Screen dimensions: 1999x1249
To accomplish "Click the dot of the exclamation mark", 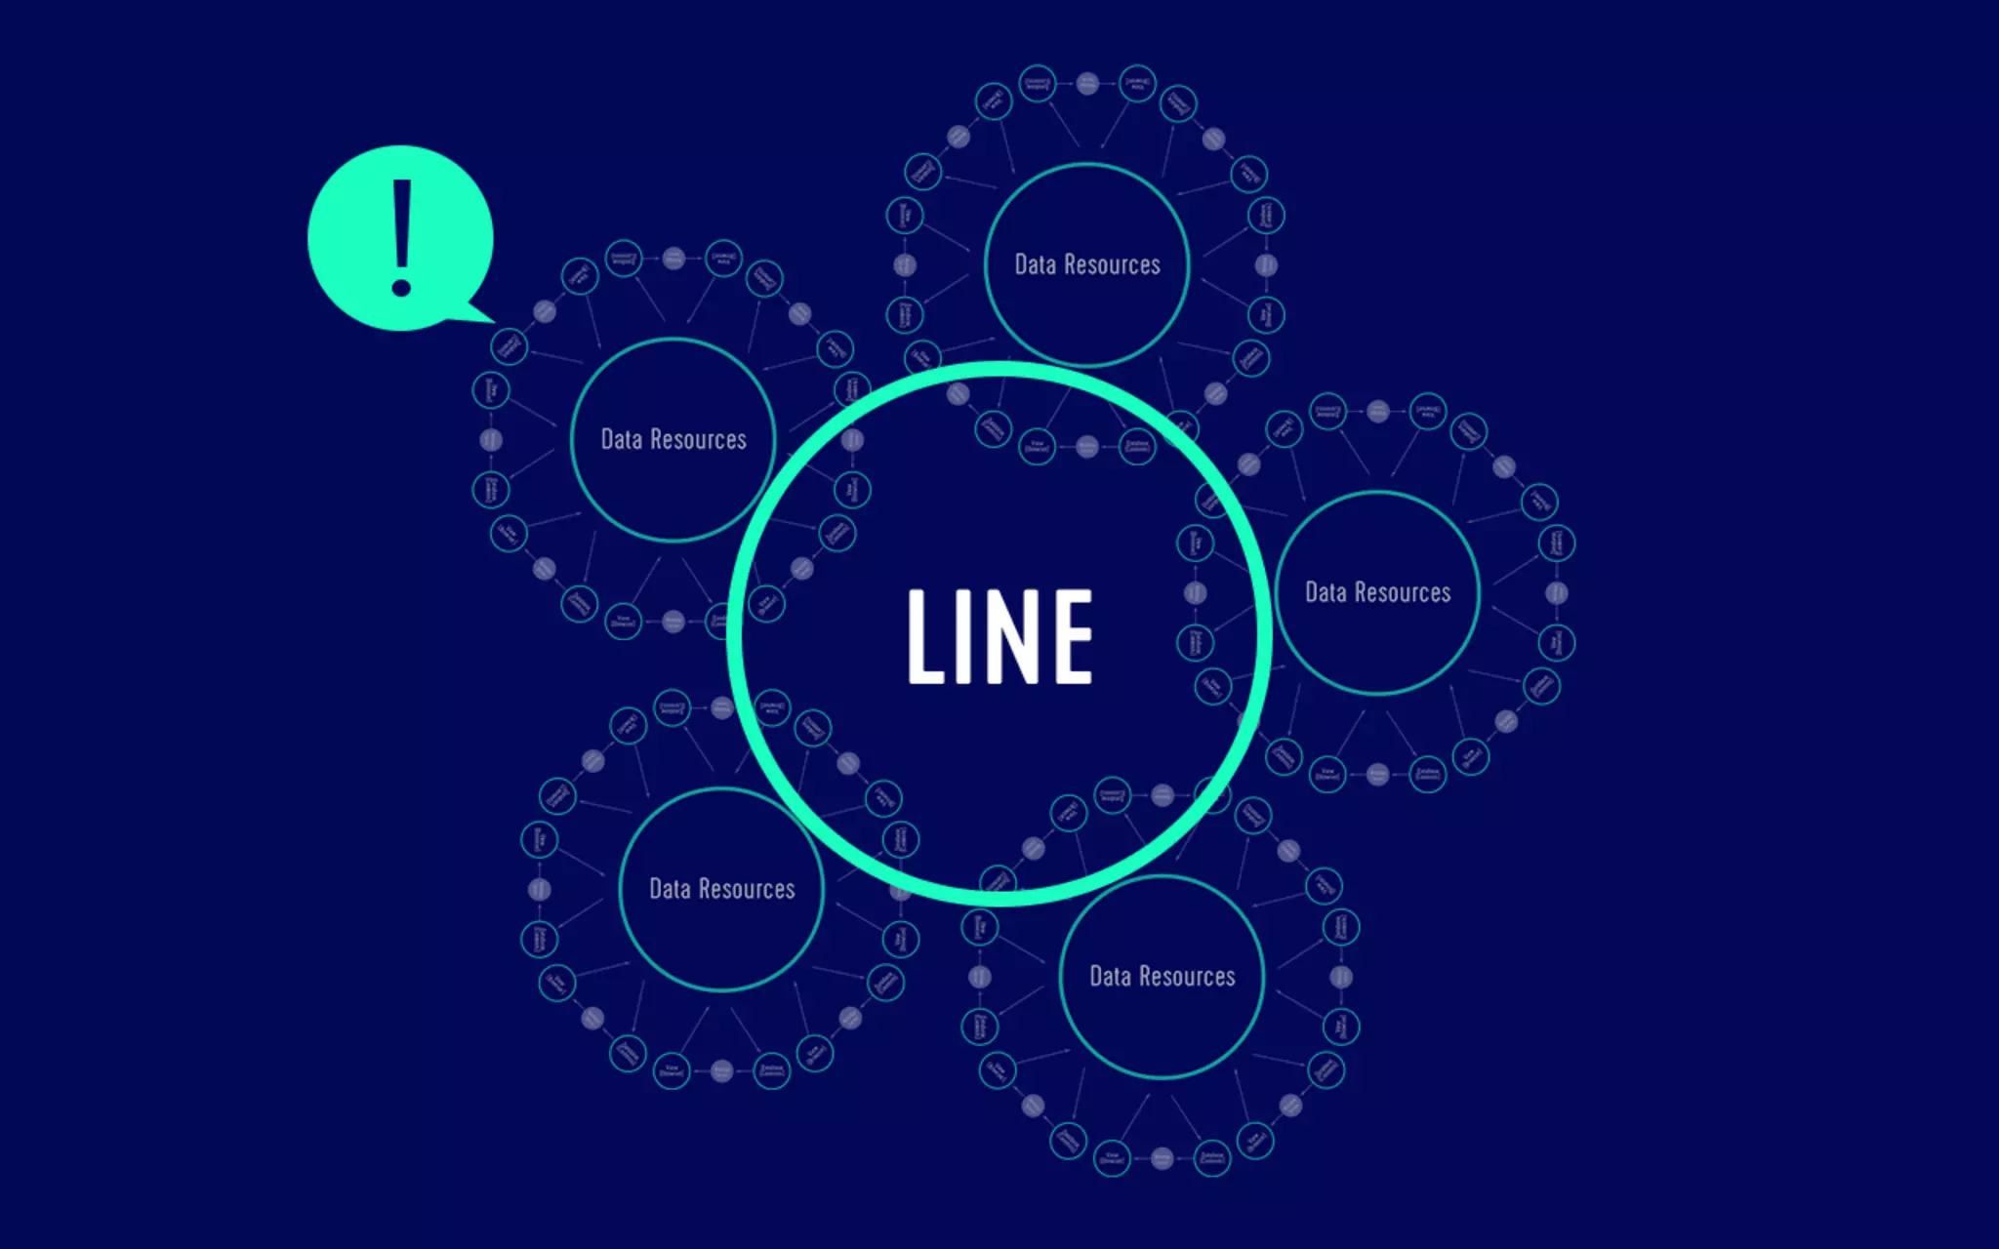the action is point(401,288).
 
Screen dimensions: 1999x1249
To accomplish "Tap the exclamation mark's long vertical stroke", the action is point(401,224).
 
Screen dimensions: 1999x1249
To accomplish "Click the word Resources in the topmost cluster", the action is point(1112,264).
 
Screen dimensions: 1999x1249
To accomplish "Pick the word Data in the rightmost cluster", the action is point(1326,592).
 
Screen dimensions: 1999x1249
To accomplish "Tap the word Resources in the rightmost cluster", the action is point(1403,592).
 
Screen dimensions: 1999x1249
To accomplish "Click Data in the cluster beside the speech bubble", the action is point(621,439).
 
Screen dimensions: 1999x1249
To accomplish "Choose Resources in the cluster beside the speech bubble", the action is point(698,439).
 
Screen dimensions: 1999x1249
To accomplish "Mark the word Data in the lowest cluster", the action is point(1110,977).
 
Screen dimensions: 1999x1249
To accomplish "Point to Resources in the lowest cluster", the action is point(1187,977).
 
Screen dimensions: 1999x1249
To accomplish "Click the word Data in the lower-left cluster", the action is point(670,889).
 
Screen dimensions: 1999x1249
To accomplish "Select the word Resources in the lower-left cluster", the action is point(747,889).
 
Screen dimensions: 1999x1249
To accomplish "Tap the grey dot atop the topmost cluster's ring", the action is point(1087,83).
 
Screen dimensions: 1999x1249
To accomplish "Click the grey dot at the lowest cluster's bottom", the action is point(1162,1158).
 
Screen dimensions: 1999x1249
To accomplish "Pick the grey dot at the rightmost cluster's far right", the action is point(1557,592).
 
